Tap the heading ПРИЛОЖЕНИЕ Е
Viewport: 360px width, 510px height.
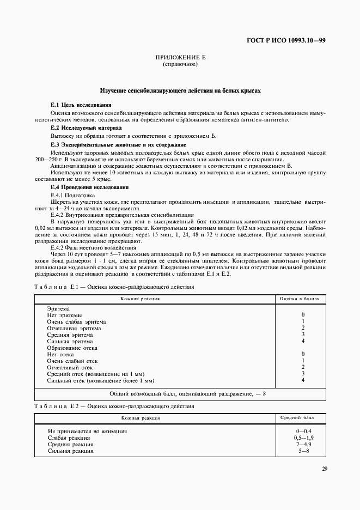180,57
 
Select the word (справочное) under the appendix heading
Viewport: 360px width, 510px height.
180,64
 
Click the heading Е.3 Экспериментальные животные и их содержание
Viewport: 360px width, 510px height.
118,144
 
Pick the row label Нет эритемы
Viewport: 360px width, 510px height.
65,315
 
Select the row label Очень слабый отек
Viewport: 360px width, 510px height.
75,361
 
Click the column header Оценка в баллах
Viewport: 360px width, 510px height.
302,299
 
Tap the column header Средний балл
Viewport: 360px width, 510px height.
302,417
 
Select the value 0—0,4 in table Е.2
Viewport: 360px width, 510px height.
302,431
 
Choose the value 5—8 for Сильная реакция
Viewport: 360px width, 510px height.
302,451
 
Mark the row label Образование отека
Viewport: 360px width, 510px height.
72,348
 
